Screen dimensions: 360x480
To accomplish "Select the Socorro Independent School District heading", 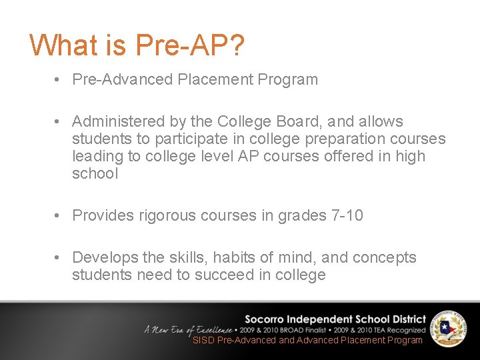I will click(335, 319).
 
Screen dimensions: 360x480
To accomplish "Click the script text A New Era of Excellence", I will click(188, 330).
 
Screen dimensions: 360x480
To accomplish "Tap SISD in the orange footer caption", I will click(203, 340).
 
